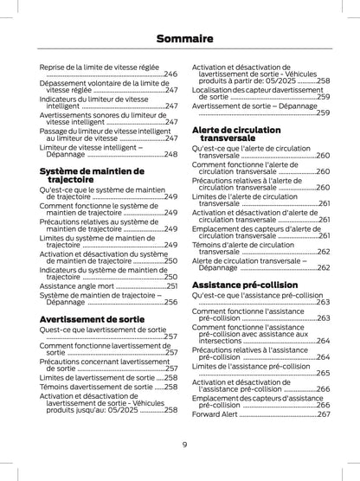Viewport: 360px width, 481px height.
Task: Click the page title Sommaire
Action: pos(179,39)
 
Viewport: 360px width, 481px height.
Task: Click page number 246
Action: pos(171,75)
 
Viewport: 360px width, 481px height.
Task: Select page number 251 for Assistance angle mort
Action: pos(171,285)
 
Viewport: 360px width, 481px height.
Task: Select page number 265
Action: pos(324,373)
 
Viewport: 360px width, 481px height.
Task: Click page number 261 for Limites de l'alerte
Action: pos(324,203)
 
